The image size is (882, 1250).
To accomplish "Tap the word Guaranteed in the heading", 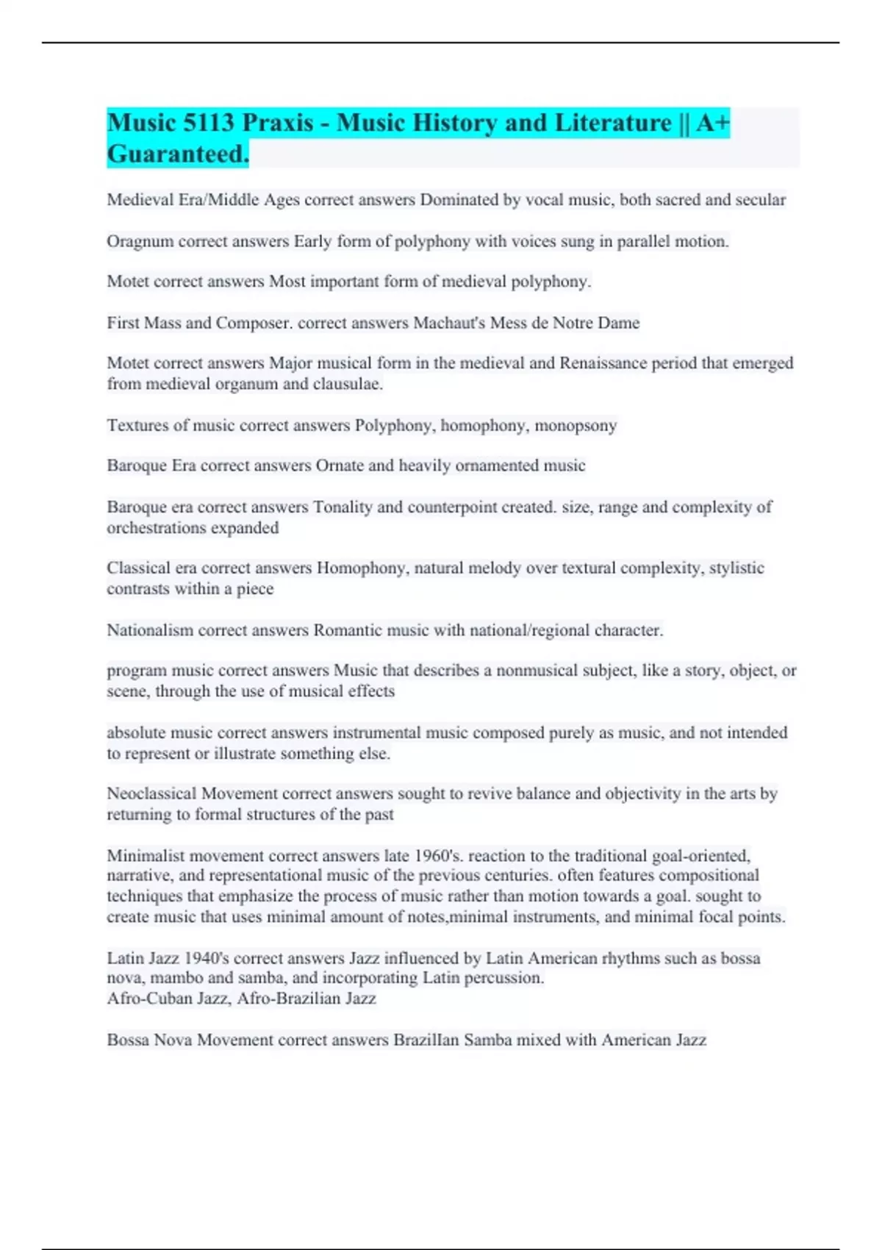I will click(176, 154).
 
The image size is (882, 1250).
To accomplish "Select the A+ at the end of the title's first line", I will click(712, 123).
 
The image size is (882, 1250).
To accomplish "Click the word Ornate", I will click(340, 465).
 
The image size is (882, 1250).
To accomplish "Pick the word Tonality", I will click(343, 507).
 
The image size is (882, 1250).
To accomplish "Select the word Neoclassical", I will click(151, 793).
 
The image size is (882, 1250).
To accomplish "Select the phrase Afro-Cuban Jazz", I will click(167, 999).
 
